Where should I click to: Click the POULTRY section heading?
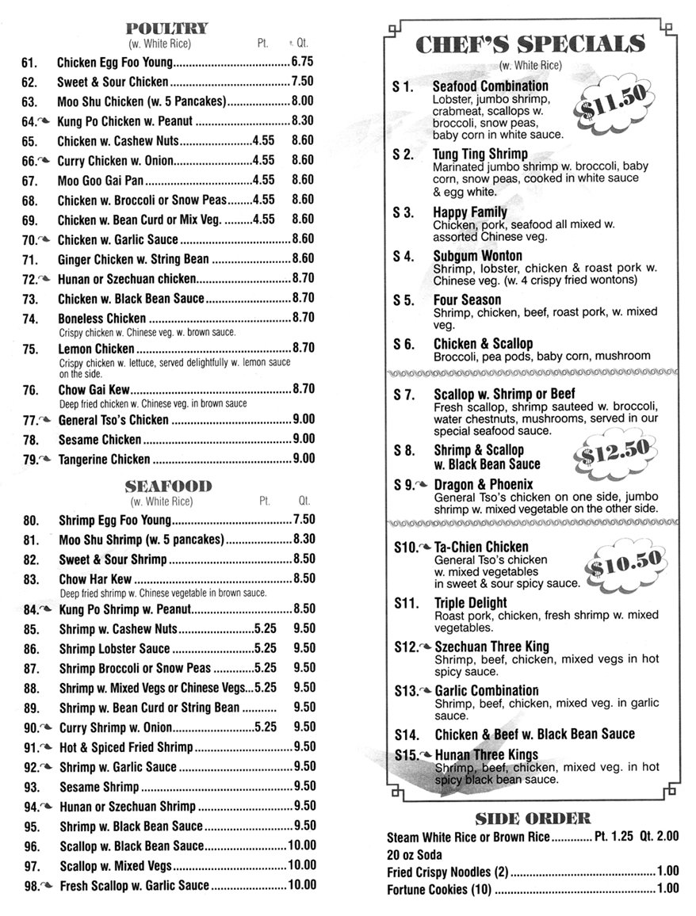(167, 29)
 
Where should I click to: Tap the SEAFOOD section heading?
(169, 486)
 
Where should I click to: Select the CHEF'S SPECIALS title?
(530, 44)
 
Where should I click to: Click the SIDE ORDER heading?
(532, 819)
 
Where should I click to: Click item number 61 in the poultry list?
(30, 62)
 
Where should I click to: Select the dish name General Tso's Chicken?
(113, 420)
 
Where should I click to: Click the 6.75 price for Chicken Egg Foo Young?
(303, 61)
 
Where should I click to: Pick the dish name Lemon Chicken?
(97, 349)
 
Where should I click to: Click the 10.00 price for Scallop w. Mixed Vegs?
(301, 865)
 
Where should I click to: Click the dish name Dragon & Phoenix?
(484, 484)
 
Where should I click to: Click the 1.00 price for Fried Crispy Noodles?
(667, 872)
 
